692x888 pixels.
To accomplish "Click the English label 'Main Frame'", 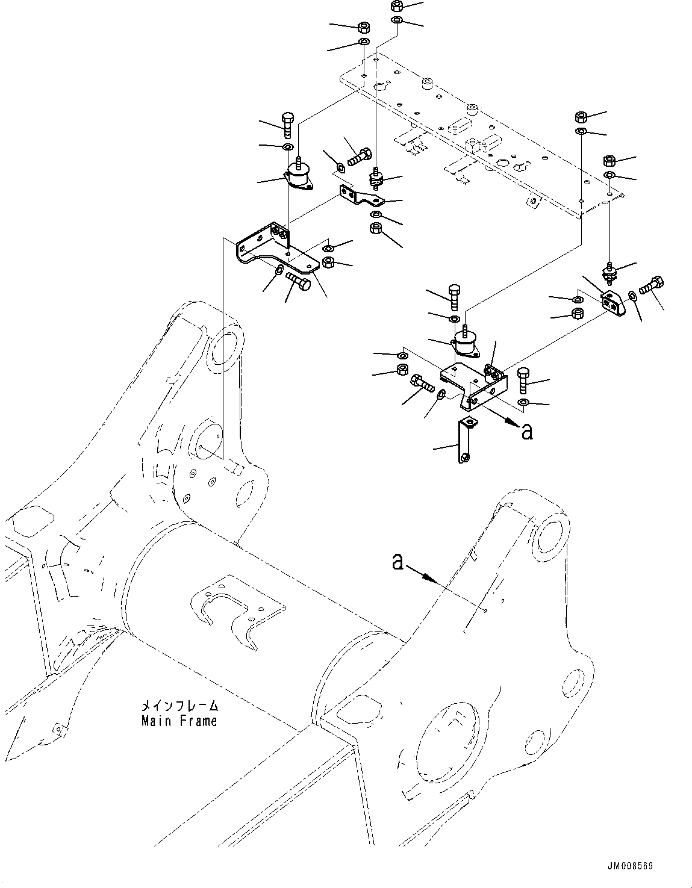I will [179, 720].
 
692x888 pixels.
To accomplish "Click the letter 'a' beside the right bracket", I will [527, 431].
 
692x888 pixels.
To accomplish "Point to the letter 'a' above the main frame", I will [397, 562].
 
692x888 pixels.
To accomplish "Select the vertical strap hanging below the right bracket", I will [465, 441].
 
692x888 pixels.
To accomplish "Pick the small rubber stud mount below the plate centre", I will [376, 179].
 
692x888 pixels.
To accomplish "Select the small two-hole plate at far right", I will [613, 303].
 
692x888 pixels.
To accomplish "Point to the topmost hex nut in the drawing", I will [396, 7].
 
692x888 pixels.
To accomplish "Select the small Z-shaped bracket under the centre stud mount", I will [359, 195].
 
